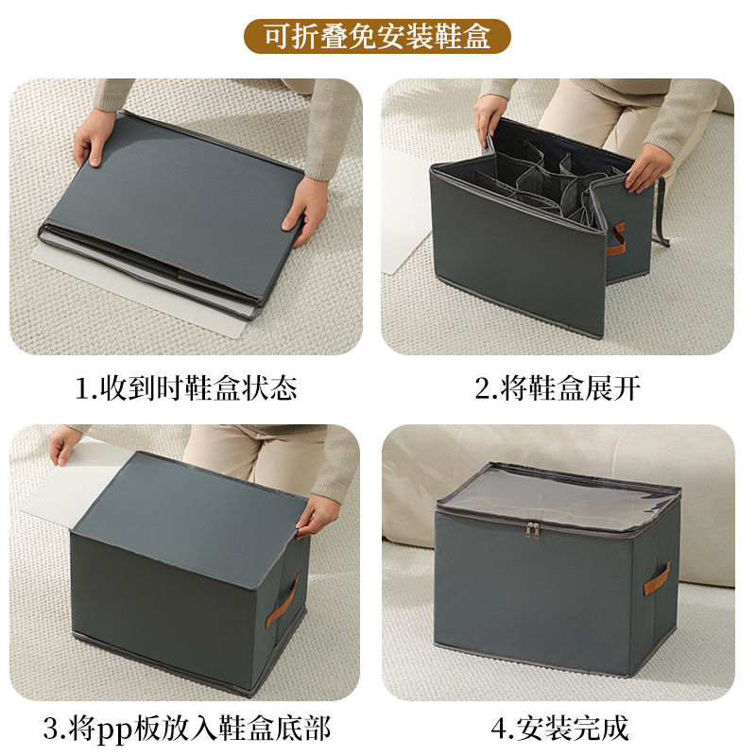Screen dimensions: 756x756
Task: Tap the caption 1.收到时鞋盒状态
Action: [x=186, y=388]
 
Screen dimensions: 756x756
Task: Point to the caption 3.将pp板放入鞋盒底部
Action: [x=186, y=729]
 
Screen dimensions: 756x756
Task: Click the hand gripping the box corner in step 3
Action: [x=317, y=515]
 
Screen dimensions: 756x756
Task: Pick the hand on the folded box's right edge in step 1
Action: [x=308, y=208]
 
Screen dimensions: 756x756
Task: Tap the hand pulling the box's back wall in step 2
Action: [x=491, y=118]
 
